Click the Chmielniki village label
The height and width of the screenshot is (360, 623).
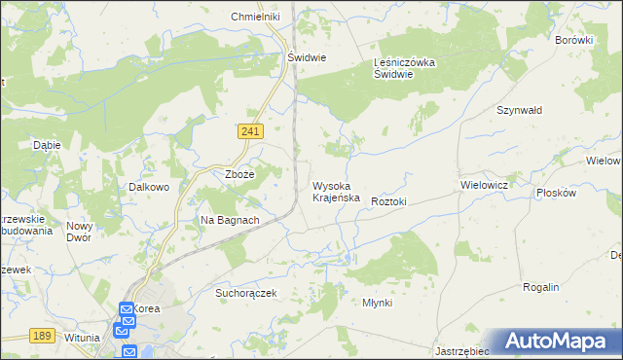click(x=255, y=18)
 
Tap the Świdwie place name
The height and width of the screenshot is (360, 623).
click(x=306, y=57)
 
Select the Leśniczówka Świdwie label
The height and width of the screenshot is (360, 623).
click(x=408, y=69)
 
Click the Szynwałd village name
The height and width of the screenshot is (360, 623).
click(x=518, y=111)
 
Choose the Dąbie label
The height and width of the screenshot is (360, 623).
click(x=47, y=145)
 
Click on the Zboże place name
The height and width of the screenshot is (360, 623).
click(x=239, y=174)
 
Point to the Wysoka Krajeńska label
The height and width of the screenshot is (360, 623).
click(x=337, y=191)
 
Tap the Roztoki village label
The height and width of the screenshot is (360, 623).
click(x=388, y=201)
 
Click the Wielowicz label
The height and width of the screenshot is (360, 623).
click(x=484, y=183)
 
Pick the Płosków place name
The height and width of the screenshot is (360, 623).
click(x=557, y=193)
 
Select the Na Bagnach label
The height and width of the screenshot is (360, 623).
click(x=230, y=220)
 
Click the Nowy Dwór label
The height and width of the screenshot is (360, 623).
click(x=79, y=232)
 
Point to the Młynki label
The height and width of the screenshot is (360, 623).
click(x=377, y=303)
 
